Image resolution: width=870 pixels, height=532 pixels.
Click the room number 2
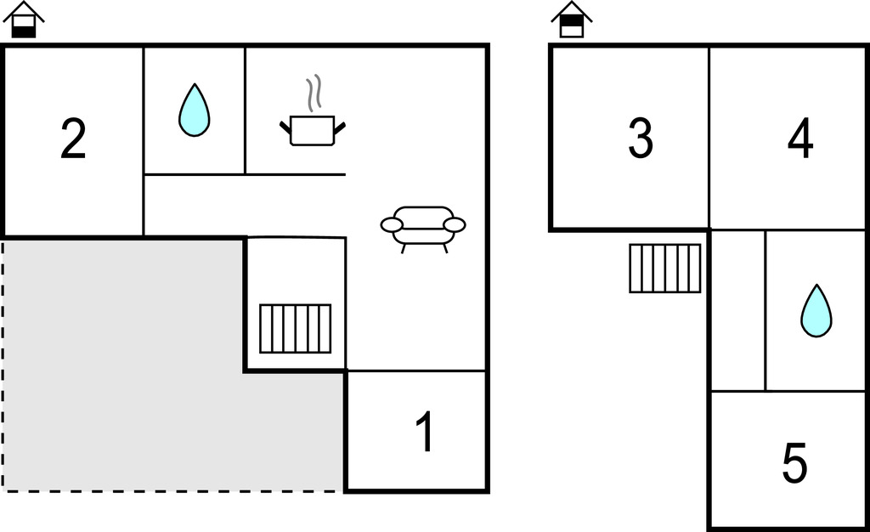tap(73, 139)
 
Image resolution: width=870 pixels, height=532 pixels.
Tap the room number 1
tap(426, 432)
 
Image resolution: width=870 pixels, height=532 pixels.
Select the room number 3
tap(641, 139)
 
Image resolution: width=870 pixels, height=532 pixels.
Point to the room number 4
tap(800, 139)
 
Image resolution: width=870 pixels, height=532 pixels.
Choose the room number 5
tap(794, 462)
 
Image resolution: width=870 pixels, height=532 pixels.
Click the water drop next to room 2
tap(195, 110)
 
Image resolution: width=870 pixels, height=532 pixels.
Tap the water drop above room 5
tap(816, 311)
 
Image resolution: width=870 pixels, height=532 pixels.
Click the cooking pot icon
tap(313, 131)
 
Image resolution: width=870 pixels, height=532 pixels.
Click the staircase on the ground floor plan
tap(295, 328)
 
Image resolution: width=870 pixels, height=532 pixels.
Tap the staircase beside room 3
tap(664, 269)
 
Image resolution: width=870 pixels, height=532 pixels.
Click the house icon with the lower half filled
tap(23, 20)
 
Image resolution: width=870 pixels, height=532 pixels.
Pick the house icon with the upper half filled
tap(572, 20)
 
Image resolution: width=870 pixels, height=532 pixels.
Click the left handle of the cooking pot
tap(285, 127)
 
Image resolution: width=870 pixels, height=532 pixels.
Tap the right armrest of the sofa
tap(455, 224)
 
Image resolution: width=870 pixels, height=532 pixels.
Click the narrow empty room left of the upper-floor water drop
tap(738, 311)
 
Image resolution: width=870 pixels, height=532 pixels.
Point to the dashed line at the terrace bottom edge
tap(173, 491)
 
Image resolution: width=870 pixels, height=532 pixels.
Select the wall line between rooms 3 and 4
tap(709, 137)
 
